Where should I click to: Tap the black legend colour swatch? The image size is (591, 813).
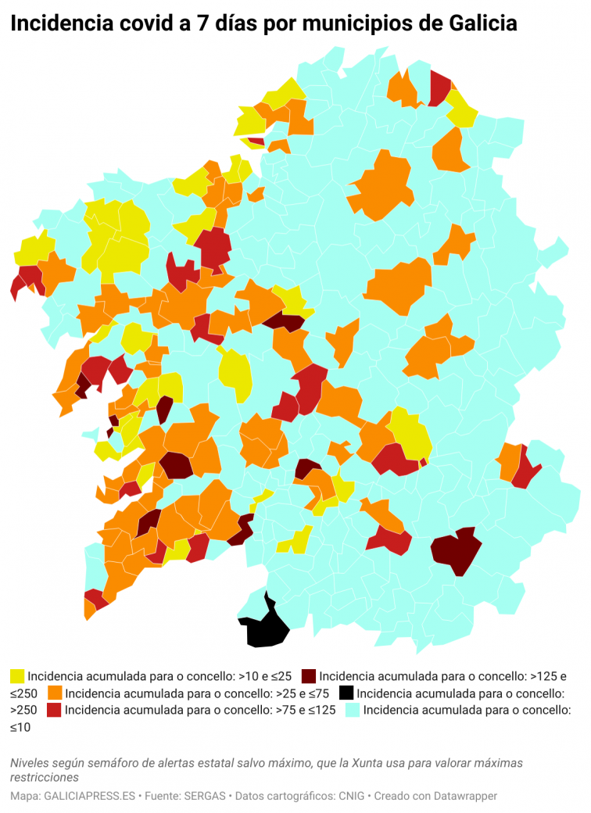pos(346,693)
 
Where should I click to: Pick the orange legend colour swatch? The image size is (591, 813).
pos(55,693)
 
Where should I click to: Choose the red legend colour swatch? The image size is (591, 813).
pos(55,711)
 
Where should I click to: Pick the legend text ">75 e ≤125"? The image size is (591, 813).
pos(304,711)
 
